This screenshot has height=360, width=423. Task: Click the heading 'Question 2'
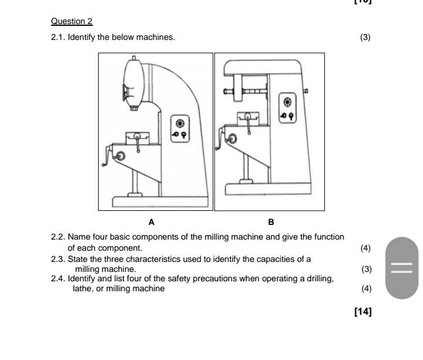click(x=72, y=21)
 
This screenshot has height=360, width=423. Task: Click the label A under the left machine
click(x=152, y=222)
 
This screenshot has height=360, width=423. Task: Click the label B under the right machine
click(x=271, y=222)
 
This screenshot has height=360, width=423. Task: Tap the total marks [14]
click(x=363, y=312)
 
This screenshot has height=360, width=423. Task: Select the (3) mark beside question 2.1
click(x=365, y=38)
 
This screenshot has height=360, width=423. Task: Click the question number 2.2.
click(x=58, y=237)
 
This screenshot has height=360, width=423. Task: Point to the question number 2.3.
click(x=58, y=258)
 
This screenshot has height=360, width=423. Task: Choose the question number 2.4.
click(x=58, y=278)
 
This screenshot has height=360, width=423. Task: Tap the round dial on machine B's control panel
click(x=288, y=101)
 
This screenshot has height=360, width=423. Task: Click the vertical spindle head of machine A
click(x=133, y=82)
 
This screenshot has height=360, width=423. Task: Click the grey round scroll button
click(x=402, y=268)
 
